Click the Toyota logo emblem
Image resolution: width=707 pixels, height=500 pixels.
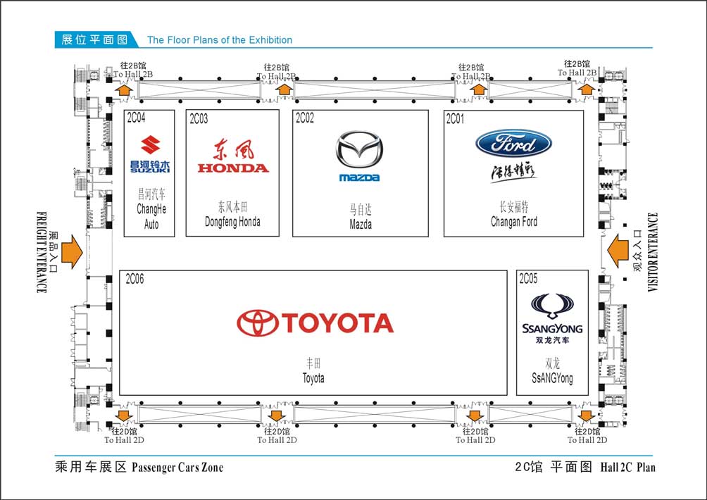coord(257,323)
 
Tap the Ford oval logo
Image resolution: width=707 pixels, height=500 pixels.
coord(513,144)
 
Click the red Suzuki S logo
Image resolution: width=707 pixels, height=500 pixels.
coord(150,146)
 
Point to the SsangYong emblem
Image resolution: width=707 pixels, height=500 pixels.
coord(552,307)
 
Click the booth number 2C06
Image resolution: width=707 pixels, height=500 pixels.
coord(134,280)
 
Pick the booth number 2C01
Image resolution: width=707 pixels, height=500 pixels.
coord(456,119)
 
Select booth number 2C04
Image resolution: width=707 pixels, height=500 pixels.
coord(137,118)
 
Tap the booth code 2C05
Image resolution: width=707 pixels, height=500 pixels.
coord(528,280)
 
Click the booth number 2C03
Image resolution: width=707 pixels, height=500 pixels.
coord(199,119)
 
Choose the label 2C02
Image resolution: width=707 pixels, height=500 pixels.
coord(305,118)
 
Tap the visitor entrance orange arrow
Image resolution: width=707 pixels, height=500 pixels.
coord(618,252)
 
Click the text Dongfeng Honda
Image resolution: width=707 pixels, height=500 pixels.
coord(232,222)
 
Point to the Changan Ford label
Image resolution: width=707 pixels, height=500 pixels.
coord(514,222)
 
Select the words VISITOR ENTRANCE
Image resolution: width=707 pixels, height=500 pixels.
coord(653,252)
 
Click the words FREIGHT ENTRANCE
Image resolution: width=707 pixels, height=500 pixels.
coord(41,252)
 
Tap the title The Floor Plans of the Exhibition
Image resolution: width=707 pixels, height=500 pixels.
coord(219,40)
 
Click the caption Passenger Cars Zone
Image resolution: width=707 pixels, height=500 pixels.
coord(177,467)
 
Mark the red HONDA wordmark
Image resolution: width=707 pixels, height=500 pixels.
coord(233,168)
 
